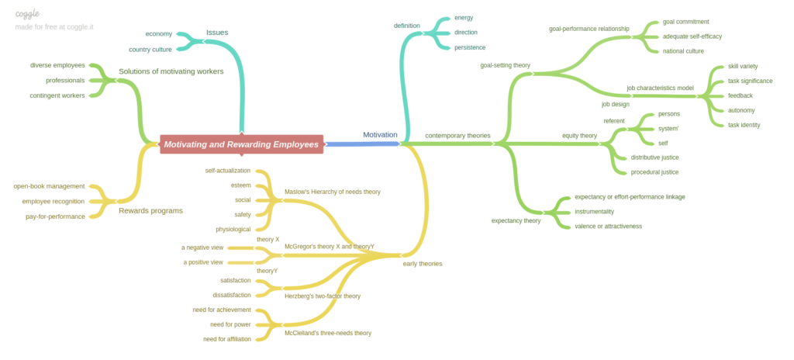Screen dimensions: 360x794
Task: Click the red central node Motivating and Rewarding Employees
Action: click(x=241, y=144)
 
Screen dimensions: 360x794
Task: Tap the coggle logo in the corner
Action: click(x=27, y=13)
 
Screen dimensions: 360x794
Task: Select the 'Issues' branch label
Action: click(x=217, y=33)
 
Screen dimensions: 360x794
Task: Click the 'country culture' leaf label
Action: click(x=150, y=50)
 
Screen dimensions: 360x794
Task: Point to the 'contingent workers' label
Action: click(x=57, y=95)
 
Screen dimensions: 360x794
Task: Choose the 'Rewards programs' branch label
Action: click(x=150, y=210)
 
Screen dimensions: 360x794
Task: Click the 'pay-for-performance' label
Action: click(x=55, y=216)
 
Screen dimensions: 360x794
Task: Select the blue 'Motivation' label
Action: click(x=380, y=135)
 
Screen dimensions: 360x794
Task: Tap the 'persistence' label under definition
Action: click(x=470, y=47)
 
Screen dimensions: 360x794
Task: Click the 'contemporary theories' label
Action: click(x=457, y=136)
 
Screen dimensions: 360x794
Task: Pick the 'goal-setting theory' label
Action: click(x=506, y=65)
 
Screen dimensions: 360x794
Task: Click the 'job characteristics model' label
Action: click(x=660, y=88)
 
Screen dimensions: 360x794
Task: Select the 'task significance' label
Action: click(x=750, y=81)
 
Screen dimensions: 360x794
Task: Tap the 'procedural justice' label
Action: click(x=654, y=172)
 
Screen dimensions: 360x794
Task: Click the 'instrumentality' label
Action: click(x=594, y=212)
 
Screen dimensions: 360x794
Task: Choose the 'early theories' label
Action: click(x=423, y=264)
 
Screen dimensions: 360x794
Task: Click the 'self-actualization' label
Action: click(x=228, y=171)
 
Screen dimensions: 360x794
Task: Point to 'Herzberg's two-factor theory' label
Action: click(x=323, y=296)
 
